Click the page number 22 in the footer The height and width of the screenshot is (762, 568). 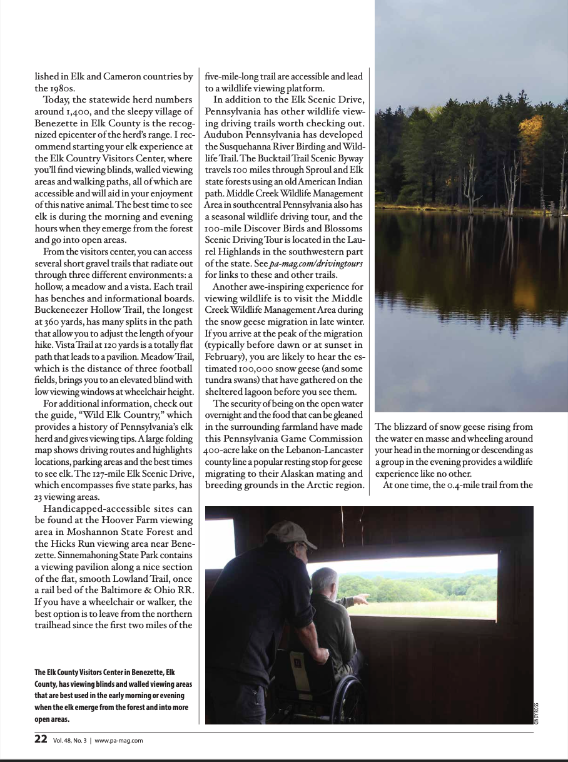tap(41, 739)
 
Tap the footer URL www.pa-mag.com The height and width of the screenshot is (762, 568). tap(119, 740)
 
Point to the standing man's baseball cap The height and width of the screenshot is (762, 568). tap(291, 534)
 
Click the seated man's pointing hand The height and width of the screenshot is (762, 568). tap(362, 600)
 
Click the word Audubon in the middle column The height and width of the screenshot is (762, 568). tap(230, 135)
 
